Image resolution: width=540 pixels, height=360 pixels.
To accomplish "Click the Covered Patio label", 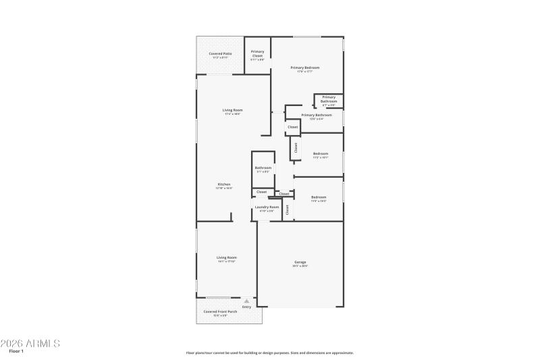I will (x=220, y=53).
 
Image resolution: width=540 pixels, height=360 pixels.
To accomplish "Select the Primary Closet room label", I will (x=257, y=53).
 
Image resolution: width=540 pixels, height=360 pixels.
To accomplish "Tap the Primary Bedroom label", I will (x=305, y=68).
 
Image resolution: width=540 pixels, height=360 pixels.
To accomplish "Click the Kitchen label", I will (x=224, y=184).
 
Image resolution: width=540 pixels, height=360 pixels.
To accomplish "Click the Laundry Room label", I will (x=267, y=207).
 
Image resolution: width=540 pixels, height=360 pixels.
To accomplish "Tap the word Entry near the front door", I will (x=246, y=307).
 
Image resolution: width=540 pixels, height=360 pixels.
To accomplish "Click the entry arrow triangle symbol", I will (x=246, y=301).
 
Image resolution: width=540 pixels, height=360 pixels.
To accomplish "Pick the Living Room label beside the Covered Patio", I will (x=233, y=110).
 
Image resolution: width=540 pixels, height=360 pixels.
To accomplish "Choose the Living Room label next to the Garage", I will (x=227, y=257).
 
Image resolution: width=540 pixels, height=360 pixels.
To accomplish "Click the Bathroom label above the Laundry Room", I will (x=263, y=168).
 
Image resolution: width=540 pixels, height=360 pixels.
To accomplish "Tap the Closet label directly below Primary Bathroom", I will (x=293, y=127).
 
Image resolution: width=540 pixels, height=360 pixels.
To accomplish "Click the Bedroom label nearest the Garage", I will (x=319, y=197).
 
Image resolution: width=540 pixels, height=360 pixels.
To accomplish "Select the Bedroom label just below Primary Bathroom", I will (x=321, y=153).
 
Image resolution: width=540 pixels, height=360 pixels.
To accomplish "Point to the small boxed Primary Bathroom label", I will (x=329, y=99).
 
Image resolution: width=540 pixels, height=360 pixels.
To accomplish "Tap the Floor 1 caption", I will (x=16, y=352).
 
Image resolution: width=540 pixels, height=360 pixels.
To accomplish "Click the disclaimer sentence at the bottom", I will (x=270, y=353).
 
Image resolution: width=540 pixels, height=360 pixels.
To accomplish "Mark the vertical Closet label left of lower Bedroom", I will (x=288, y=209).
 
